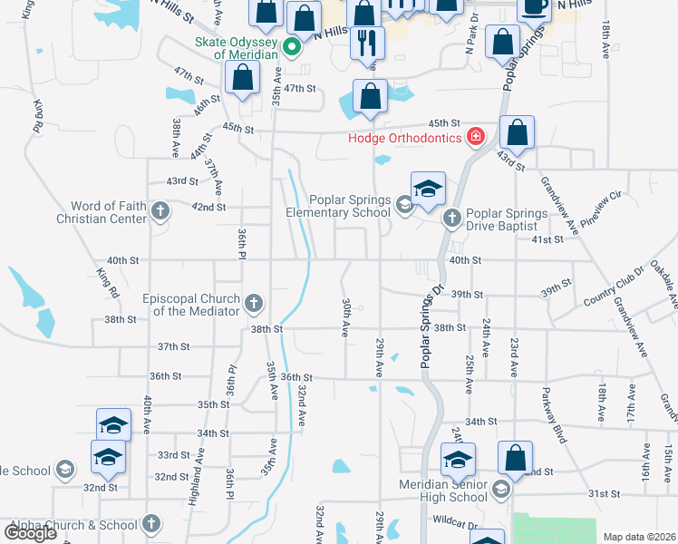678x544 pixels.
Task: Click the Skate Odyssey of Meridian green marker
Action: tap(292, 47)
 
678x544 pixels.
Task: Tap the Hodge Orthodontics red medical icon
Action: tap(474, 138)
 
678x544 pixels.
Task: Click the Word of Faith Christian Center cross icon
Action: tap(160, 212)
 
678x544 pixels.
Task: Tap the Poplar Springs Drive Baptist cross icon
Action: tap(451, 219)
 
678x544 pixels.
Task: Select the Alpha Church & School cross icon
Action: tap(151, 524)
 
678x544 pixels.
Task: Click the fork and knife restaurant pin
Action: tap(367, 44)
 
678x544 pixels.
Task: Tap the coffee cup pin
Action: tap(533, 7)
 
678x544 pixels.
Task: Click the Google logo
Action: tap(31, 533)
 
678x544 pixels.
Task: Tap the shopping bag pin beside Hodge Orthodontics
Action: tap(516, 133)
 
